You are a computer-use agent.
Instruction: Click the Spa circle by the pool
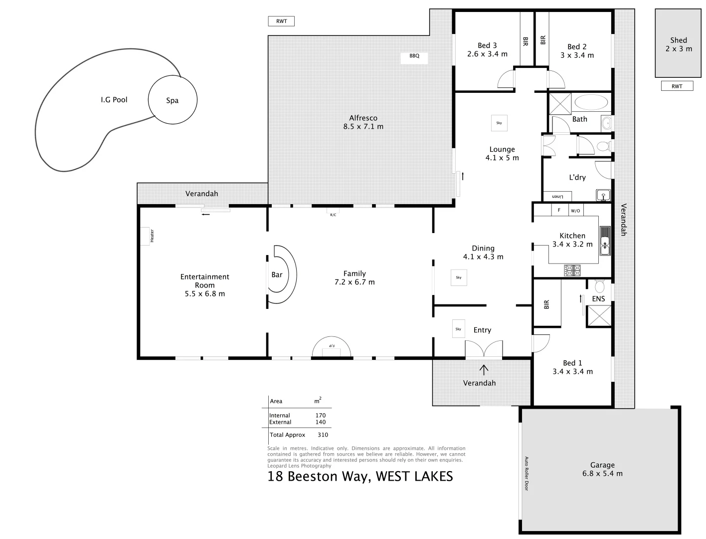[x=173, y=100]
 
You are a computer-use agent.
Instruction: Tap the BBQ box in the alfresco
[x=414, y=56]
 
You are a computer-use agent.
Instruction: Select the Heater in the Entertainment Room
[x=145, y=236]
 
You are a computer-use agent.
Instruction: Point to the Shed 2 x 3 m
[x=678, y=44]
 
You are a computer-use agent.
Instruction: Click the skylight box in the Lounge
[x=499, y=123]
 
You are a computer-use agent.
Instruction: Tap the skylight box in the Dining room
[x=459, y=277]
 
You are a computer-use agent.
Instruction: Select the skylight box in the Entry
[x=458, y=329]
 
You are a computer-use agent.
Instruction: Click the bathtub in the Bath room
[x=591, y=103]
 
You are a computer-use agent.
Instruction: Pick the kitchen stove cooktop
[x=572, y=270]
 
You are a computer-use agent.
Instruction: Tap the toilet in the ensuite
[x=599, y=286]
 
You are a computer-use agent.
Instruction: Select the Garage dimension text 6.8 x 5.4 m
[x=602, y=474]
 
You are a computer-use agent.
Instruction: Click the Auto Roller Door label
[x=526, y=473]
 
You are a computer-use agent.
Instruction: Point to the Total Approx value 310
[x=323, y=435]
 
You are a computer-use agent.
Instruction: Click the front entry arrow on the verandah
[x=484, y=370]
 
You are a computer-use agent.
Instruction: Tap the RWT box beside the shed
[x=677, y=86]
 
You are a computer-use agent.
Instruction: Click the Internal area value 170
[x=321, y=415]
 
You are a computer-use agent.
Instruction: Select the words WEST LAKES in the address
[x=414, y=477]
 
